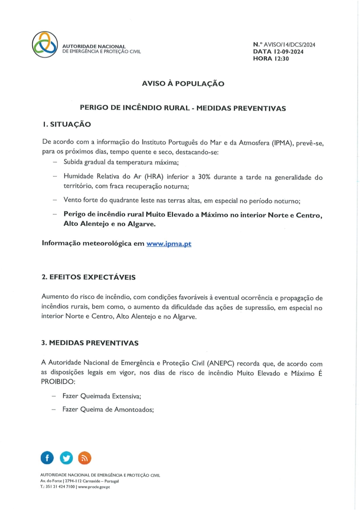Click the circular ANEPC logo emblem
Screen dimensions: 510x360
point(45,45)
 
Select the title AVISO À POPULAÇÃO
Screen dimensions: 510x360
point(183,84)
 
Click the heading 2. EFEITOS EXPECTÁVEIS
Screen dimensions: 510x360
point(89,277)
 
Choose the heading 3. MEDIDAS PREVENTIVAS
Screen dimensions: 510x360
point(90,343)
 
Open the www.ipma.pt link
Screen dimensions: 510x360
point(169,244)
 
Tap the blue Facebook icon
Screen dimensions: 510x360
point(47,458)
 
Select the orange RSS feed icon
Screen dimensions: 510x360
point(84,458)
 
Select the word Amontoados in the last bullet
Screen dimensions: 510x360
point(134,409)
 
